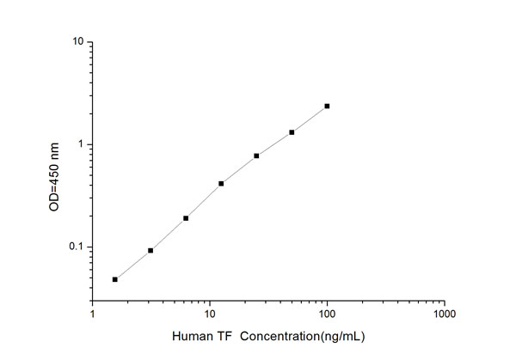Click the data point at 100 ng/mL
tap(327, 106)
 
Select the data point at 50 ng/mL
tap(292, 132)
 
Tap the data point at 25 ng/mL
tap(256, 156)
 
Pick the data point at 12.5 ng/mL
tap(221, 183)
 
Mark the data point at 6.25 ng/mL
tap(186, 218)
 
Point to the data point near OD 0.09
tap(150, 250)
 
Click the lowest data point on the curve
tap(115, 279)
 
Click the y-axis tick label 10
tap(77, 41)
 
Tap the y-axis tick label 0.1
tap(75, 247)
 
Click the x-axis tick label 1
tap(93, 314)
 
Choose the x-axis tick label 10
tap(209, 314)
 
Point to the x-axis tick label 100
tap(326, 314)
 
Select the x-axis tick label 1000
tap(443, 314)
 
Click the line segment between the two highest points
tap(310, 119)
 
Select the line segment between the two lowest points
tap(133, 265)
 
